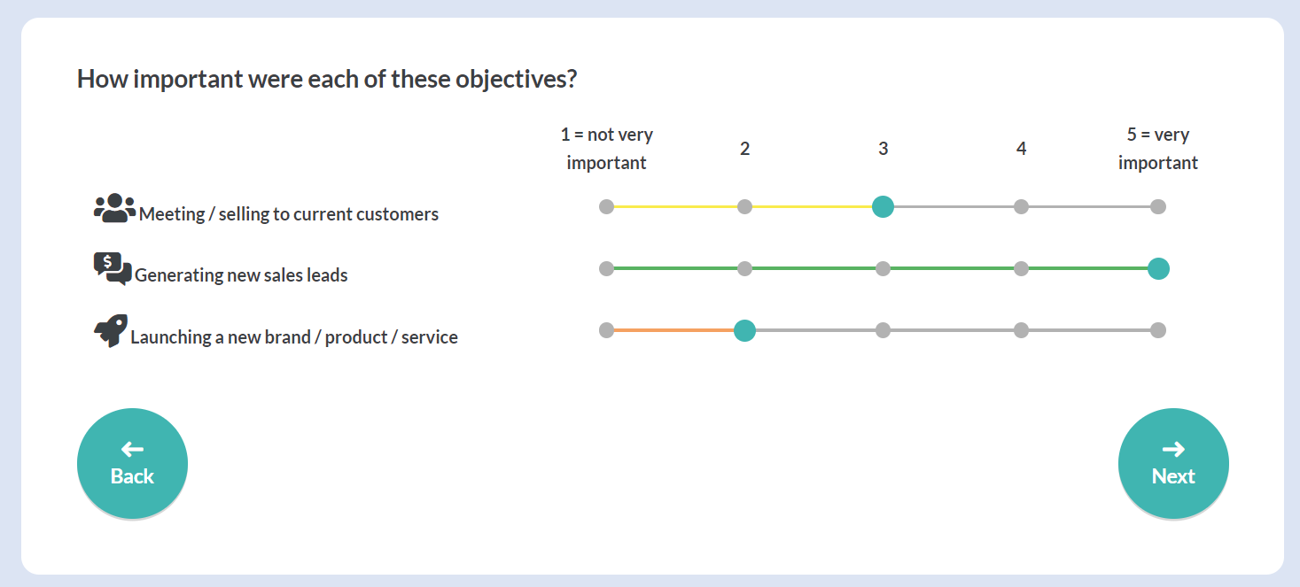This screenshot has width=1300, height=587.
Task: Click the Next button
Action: click(1173, 463)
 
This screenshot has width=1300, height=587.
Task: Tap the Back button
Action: click(132, 463)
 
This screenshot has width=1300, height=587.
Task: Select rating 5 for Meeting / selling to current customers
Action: click(1158, 206)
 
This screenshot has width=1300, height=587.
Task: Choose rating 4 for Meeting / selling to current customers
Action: click(1021, 206)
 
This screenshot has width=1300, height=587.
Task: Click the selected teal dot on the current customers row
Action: click(883, 206)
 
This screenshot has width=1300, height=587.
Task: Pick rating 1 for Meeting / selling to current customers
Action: click(606, 206)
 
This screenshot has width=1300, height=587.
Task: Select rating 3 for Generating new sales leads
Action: click(883, 268)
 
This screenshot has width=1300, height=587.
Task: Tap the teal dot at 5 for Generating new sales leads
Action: click(1158, 268)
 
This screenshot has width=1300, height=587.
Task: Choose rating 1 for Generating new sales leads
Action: click(606, 268)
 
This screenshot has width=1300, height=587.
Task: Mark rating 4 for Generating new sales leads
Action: click(1021, 268)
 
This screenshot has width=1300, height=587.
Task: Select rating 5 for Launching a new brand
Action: click(1158, 330)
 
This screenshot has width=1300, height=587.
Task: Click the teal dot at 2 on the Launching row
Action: click(744, 330)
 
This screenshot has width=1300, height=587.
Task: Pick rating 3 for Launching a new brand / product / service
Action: click(883, 330)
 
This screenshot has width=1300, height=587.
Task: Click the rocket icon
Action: click(111, 330)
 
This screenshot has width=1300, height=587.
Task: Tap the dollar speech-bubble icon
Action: click(113, 268)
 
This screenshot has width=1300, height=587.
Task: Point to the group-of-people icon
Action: click(115, 208)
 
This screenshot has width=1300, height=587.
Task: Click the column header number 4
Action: click(1022, 149)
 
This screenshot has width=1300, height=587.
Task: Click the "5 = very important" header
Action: click(1158, 149)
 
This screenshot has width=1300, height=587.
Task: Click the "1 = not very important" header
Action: click(606, 149)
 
